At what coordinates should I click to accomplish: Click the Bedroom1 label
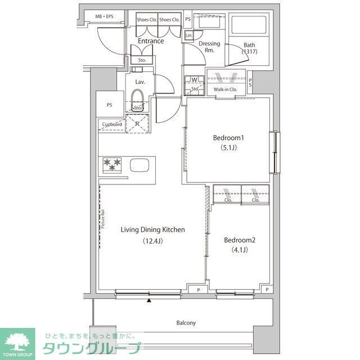click(228, 138)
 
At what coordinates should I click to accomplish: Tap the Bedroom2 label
click(240, 240)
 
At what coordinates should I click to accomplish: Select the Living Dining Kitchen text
click(153, 229)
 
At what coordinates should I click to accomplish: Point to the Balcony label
click(186, 323)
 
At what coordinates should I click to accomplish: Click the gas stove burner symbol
click(111, 165)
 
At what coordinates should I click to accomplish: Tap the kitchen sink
click(139, 165)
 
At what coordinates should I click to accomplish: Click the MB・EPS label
click(103, 16)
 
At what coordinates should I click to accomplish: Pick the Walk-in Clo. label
click(225, 89)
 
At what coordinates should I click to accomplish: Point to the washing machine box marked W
click(194, 80)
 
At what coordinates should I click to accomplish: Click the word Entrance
click(151, 41)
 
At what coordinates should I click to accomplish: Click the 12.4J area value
click(153, 241)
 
